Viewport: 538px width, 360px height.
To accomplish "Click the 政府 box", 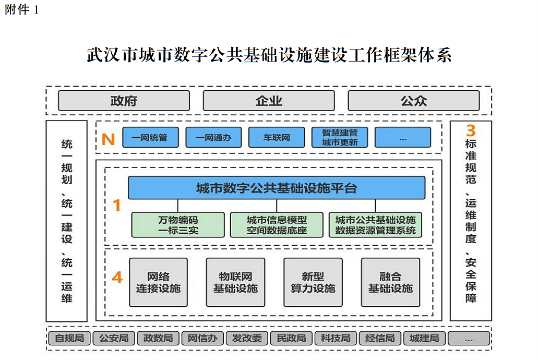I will [124, 101].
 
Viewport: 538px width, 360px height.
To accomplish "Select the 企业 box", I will [269, 101].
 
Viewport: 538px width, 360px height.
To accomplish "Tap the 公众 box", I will [413, 101].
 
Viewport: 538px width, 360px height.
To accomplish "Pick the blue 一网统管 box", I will [150, 138].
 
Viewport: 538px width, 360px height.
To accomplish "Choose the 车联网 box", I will [277, 138].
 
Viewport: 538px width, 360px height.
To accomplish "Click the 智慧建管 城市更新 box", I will [340, 138].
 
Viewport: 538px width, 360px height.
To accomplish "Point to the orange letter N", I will [108, 139].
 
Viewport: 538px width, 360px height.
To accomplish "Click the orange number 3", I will [471, 130].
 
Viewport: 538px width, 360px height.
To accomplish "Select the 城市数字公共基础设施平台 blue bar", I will [277, 188].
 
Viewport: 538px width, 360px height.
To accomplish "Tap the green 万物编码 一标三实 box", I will [178, 225].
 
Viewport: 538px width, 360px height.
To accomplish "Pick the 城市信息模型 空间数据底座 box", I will [277, 225].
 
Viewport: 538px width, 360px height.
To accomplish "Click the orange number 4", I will [117, 278].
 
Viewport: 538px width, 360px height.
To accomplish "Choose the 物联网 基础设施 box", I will [235, 282].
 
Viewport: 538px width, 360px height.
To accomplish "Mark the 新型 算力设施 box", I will [313, 282].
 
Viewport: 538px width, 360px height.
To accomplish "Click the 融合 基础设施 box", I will [390, 282].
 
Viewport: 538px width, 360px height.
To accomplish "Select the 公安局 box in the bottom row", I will [114, 338].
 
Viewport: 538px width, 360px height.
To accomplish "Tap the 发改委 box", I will [247, 338].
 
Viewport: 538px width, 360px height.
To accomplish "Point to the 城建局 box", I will [424, 338].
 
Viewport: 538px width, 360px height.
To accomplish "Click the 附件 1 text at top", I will [21, 10].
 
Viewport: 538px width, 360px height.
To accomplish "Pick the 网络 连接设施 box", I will [158, 282].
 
